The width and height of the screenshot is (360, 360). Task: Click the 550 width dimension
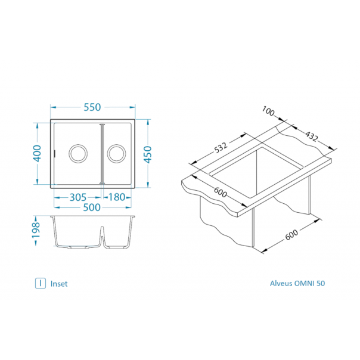[x=92, y=107]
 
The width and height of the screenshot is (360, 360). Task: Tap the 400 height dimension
[x=38, y=153]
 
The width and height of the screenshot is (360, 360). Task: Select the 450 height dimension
[x=148, y=154]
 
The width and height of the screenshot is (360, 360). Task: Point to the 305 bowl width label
[x=78, y=197]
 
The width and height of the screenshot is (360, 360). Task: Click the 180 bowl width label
[x=117, y=197]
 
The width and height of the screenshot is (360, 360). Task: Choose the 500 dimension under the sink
[x=92, y=207]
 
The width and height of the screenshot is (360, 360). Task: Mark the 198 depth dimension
[x=36, y=230]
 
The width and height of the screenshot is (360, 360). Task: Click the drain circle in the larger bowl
[x=78, y=145]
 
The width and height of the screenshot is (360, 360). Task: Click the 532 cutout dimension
[x=221, y=148]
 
